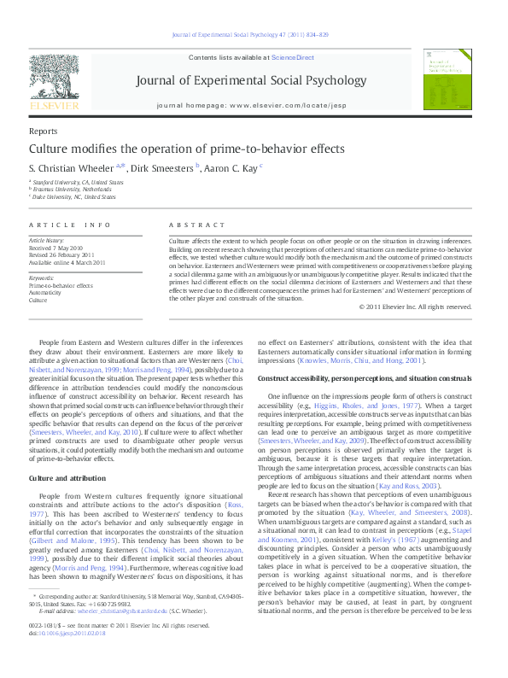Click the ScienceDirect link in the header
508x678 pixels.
pos(292,57)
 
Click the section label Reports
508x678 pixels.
pos(43,132)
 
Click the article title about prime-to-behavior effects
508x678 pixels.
pos(175,149)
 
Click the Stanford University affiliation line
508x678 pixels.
pos(77,183)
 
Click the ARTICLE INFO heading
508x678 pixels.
pos(70,225)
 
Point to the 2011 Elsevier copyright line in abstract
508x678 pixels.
pos(418,307)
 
